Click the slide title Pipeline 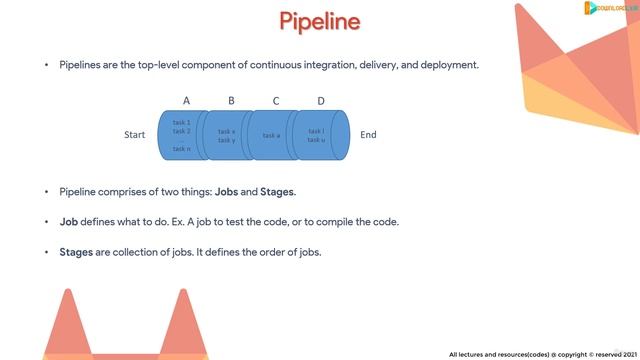pyautogui.click(x=319, y=21)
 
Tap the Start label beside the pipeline pyautogui.click(x=135, y=135)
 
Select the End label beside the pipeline pyautogui.click(x=368, y=135)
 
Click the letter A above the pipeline pyautogui.click(x=186, y=100)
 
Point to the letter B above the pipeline pyautogui.click(x=231, y=100)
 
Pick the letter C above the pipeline pyautogui.click(x=276, y=100)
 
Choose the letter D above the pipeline pyautogui.click(x=321, y=100)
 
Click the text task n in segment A pyautogui.click(x=182, y=149)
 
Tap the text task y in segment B pyautogui.click(x=227, y=140)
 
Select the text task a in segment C pyautogui.click(x=271, y=135)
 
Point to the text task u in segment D pyautogui.click(x=316, y=140)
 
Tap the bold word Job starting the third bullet pyautogui.click(x=69, y=221)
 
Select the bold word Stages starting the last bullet pyautogui.click(x=76, y=252)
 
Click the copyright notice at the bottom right pyautogui.click(x=541, y=353)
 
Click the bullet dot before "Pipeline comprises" pyautogui.click(x=46, y=191)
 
